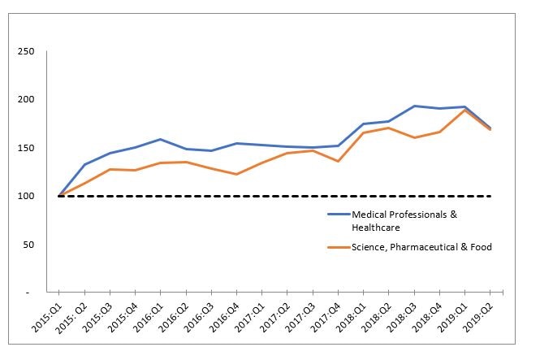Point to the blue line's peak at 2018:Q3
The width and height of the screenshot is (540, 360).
click(414, 106)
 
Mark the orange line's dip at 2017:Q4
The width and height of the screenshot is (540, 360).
click(338, 161)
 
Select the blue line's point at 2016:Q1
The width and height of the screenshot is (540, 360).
click(161, 139)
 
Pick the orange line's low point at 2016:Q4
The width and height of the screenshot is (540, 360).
click(236, 174)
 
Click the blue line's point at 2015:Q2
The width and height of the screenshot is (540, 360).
click(84, 164)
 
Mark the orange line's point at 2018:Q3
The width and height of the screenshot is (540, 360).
click(414, 137)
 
